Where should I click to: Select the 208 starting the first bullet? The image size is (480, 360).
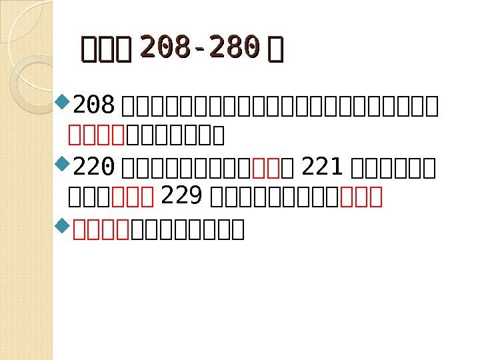95,105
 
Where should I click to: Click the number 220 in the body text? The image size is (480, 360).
95,165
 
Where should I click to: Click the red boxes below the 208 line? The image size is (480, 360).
97,135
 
